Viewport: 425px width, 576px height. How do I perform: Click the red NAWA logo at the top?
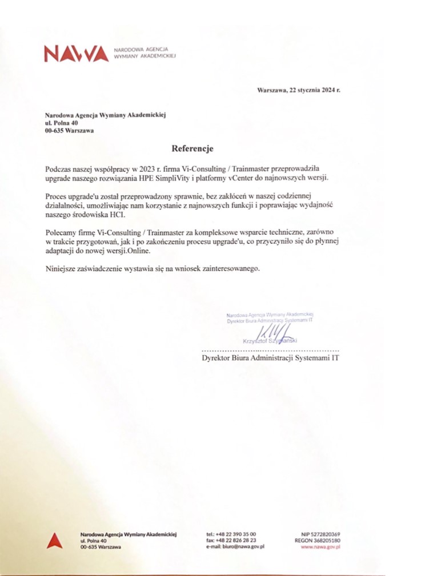76,54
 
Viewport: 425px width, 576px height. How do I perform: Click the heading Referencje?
192,149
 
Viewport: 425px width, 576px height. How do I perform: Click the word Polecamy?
62,233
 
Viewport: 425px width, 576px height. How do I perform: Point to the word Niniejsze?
61,268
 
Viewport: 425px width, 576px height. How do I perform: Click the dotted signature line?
270,351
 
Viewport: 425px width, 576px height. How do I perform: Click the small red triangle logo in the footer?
54,540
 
